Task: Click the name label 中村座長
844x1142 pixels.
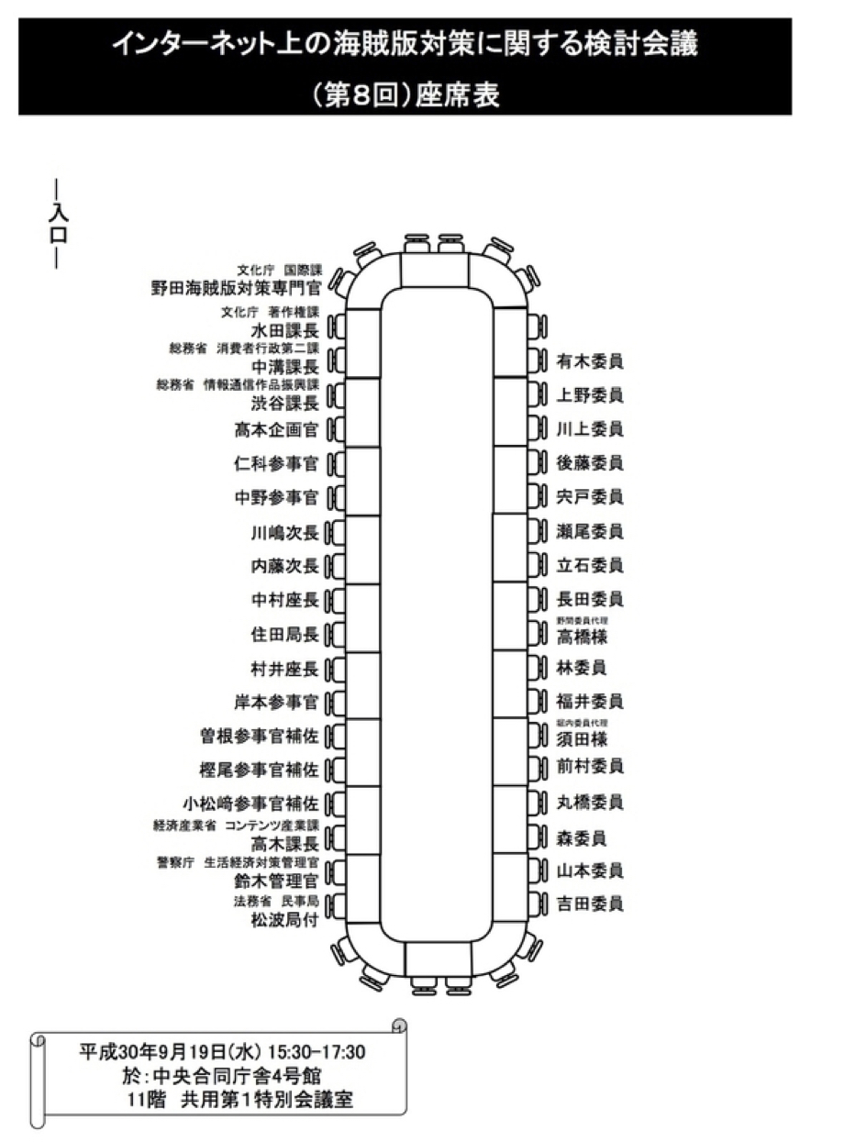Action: (284, 601)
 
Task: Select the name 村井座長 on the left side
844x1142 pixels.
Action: (284, 669)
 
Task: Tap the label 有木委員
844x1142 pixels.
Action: (590, 361)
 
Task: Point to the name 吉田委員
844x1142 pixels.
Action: (590, 904)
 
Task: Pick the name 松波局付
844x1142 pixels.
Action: (284, 921)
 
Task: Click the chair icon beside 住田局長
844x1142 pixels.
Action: (335, 635)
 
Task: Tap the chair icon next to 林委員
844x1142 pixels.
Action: (538, 667)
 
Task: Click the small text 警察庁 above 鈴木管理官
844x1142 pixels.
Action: (174, 862)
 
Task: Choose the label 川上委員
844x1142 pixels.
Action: (590, 428)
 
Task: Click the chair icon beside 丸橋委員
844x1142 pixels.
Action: (538, 802)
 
